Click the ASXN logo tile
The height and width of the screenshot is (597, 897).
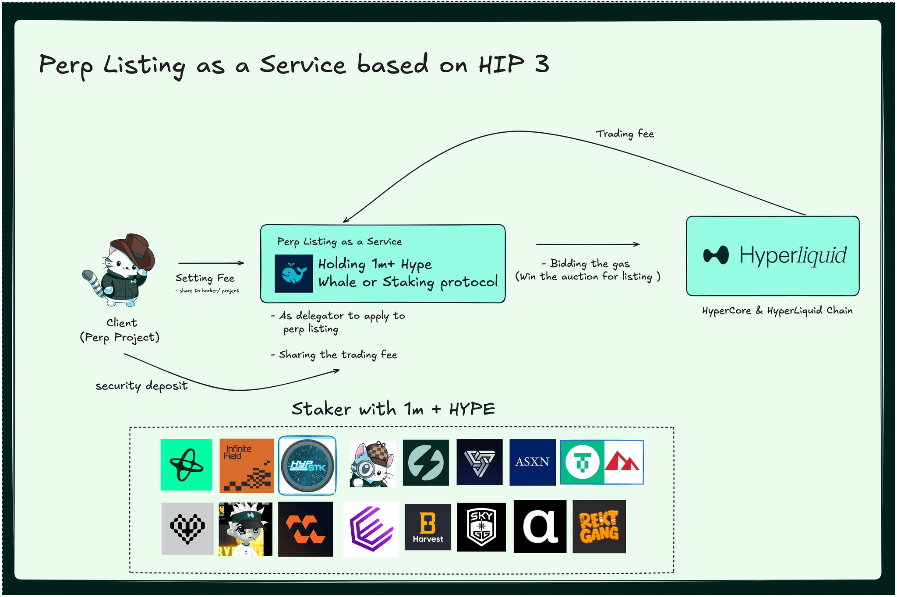pyautogui.click(x=532, y=462)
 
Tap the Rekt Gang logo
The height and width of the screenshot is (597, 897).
pyautogui.click(x=599, y=526)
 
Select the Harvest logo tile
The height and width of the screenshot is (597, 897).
pyautogui.click(x=427, y=527)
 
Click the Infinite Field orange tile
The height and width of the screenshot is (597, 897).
pyautogui.click(x=246, y=466)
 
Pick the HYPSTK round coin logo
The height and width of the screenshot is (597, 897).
pyautogui.click(x=307, y=465)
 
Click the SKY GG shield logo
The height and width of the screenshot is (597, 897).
pyautogui.click(x=481, y=527)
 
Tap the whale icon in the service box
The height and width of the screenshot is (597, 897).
pyautogui.click(x=293, y=274)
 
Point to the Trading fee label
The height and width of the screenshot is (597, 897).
pyautogui.click(x=625, y=134)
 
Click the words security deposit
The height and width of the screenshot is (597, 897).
pyautogui.click(x=141, y=386)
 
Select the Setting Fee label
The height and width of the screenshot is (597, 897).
pyautogui.click(x=205, y=278)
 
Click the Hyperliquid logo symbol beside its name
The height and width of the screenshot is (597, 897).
pyautogui.click(x=716, y=255)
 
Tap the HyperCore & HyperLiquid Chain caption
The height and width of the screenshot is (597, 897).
pyautogui.click(x=777, y=311)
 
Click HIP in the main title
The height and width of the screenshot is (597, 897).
pyautogui.click(x=501, y=64)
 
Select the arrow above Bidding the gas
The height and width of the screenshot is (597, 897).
pyautogui.click(x=588, y=244)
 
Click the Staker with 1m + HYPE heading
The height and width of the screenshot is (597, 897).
pyautogui.click(x=393, y=409)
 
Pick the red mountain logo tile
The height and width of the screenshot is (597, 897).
pyautogui.click(x=623, y=462)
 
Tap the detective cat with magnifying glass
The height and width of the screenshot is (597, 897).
pyautogui.click(x=372, y=464)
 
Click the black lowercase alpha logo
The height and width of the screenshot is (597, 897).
pyautogui.click(x=540, y=526)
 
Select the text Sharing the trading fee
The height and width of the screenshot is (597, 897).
pyautogui.click(x=337, y=354)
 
